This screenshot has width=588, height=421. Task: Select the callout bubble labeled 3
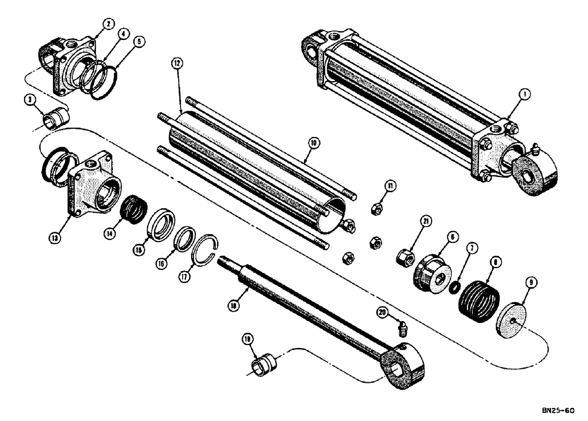(x=28, y=101)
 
